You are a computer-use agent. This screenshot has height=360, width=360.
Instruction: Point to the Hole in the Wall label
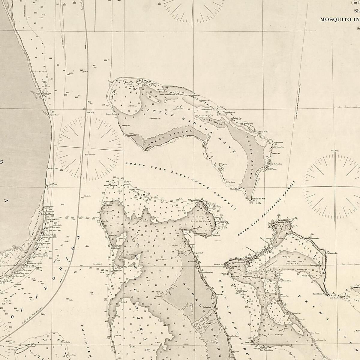coord(259,199)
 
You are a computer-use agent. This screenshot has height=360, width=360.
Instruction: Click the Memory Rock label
coord(110,114)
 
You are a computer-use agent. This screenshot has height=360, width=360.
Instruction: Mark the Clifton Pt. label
coord(218,265)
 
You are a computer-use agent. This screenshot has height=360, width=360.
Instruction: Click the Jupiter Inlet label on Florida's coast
coord(53,114)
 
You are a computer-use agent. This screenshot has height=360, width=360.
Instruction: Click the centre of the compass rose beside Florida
coord(89,148)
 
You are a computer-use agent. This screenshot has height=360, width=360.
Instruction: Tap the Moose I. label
coord(225,165)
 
